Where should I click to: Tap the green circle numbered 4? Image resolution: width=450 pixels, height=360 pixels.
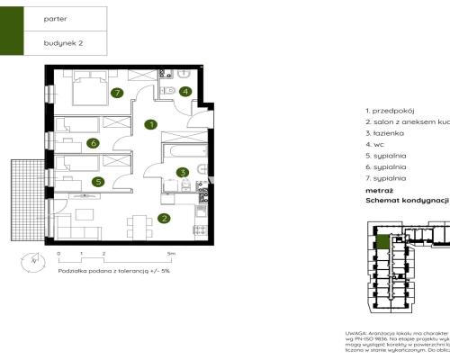[x=184, y=91]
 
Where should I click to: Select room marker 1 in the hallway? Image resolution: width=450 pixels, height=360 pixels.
[x=152, y=124]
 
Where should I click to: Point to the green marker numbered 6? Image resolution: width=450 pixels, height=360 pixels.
[x=92, y=142]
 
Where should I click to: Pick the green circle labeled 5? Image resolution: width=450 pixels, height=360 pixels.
[x=97, y=181]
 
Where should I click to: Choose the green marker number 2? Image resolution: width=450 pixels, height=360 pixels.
[x=164, y=217]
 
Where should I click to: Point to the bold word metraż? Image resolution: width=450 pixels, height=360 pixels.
[x=379, y=191]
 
